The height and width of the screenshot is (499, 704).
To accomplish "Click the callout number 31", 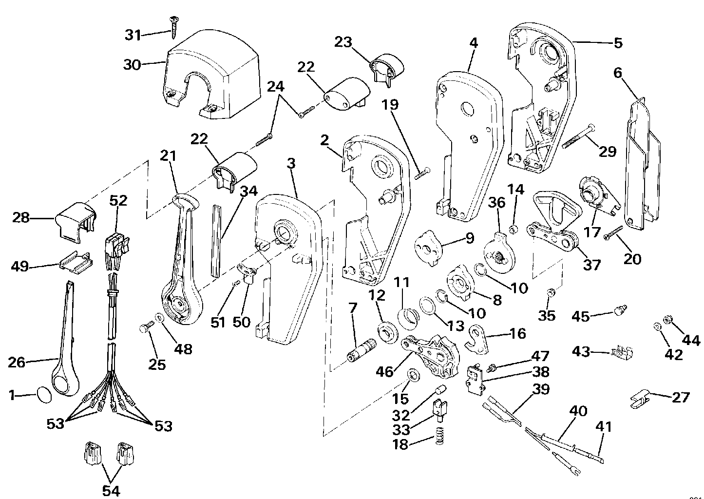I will click(133, 35).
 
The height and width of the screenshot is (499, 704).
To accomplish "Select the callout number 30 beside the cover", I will click(132, 65).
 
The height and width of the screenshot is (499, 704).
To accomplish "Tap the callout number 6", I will click(618, 73).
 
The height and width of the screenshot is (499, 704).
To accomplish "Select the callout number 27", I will click(681, 397).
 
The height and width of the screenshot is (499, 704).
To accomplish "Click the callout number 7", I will click(353, 308).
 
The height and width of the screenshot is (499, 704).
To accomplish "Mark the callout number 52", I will click(117, 201).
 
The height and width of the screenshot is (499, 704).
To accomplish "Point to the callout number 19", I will click(390, 104).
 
